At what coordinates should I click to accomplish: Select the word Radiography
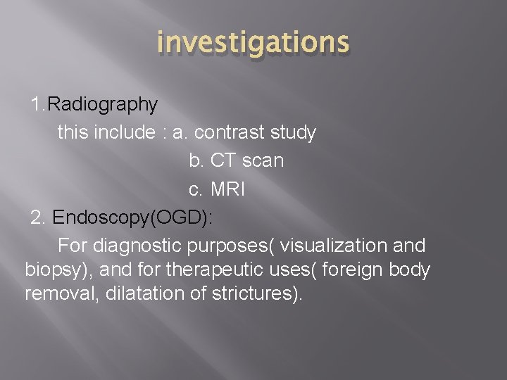[x=104, y=104]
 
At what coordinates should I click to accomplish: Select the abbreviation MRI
[x=227, y=189]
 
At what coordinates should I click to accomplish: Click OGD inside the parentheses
[x=177, y=217]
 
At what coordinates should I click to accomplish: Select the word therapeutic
[x=198, y=270]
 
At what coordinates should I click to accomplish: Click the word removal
[x=61, y=293]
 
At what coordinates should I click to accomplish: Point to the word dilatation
[x=143, y=293]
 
